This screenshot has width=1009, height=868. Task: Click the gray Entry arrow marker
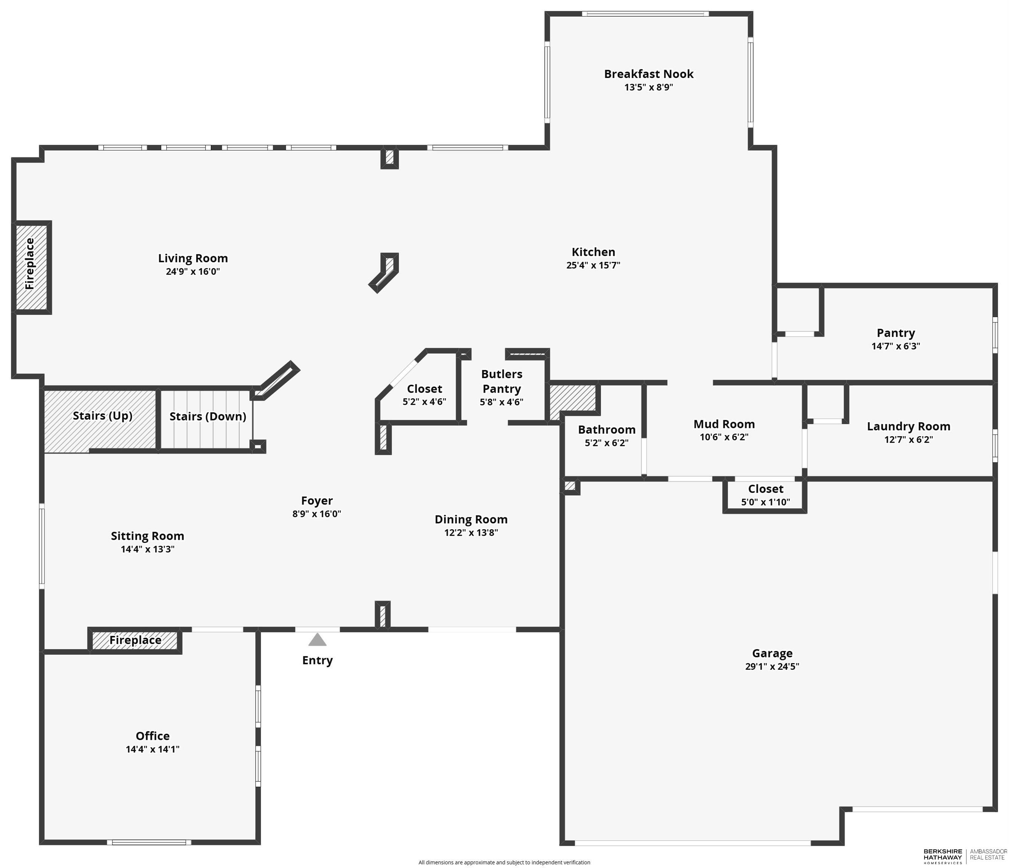click(x=317, y=639)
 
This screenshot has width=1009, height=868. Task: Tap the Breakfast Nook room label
click(x=649, y=74)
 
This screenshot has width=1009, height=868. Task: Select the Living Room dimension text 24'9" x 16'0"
click(x=193, y=272)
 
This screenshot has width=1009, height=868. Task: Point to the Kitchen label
click(x=593, y=252)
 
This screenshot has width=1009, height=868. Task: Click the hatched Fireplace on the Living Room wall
click(x=31, y=267)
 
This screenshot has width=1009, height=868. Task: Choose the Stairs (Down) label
click(x=207, y=417)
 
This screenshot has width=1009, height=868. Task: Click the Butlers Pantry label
click(x=501, y=382)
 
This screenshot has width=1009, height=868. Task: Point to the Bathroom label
click(x=607, y=429)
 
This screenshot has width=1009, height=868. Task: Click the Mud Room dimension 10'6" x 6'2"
click(x=724, y=437)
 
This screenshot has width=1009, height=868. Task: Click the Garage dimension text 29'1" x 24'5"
click(x=772, y=666)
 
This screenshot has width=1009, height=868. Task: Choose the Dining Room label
click(x=471, y=520)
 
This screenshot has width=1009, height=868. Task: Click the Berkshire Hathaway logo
click(x=943, y=856)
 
